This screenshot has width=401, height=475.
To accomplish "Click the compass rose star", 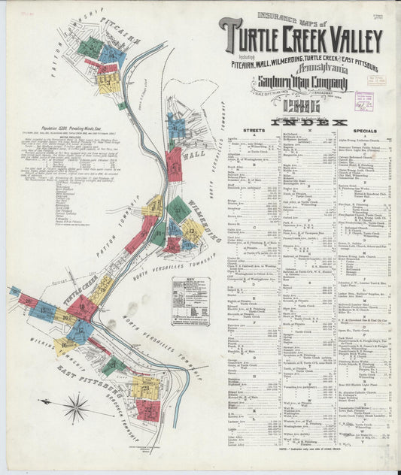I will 76,409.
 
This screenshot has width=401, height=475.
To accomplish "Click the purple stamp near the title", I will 364,101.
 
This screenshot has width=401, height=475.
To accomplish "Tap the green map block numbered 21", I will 114,366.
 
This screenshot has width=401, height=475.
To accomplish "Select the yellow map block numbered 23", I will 146,388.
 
